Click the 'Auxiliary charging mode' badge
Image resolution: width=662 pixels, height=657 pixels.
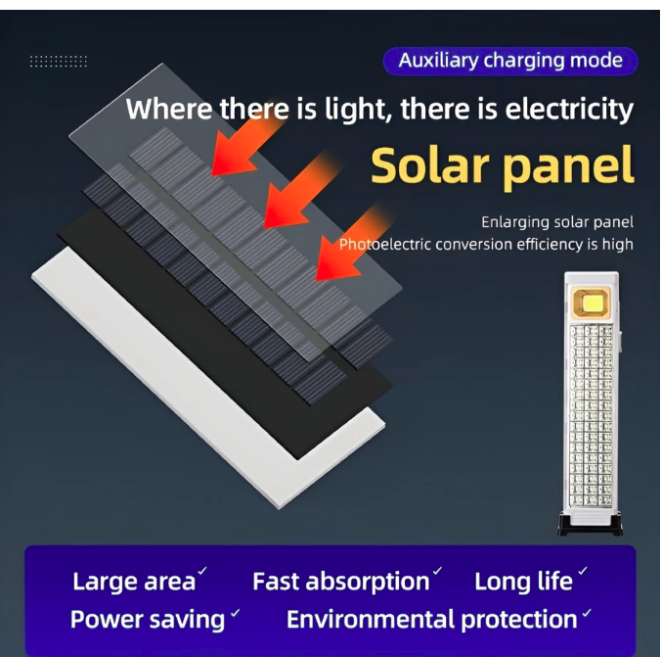coord(509,61)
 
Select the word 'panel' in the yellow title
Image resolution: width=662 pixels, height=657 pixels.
coord(569,165)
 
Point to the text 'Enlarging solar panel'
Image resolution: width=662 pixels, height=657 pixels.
coord(557,222)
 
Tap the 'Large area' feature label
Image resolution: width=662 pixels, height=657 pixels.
coord(134,582)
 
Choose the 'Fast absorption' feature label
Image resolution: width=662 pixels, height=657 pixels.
coord(340,582)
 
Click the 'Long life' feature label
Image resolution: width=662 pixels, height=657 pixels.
coord(523,582)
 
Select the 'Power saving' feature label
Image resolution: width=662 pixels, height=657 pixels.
coord(148,620)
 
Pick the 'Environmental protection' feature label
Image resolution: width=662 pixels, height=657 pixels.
coord(431,620)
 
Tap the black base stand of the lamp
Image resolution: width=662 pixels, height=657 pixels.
coord(592,526)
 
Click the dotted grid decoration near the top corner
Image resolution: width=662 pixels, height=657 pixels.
coord(59,62)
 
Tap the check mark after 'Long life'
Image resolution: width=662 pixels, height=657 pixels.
coord(583,571)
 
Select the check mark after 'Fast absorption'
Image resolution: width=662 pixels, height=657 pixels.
coord(438,571)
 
